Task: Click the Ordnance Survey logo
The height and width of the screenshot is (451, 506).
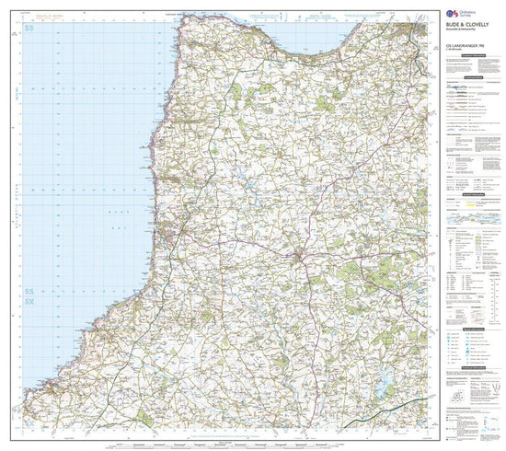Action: point(452,16)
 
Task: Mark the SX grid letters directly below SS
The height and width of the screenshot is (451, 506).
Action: point(30,301)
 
